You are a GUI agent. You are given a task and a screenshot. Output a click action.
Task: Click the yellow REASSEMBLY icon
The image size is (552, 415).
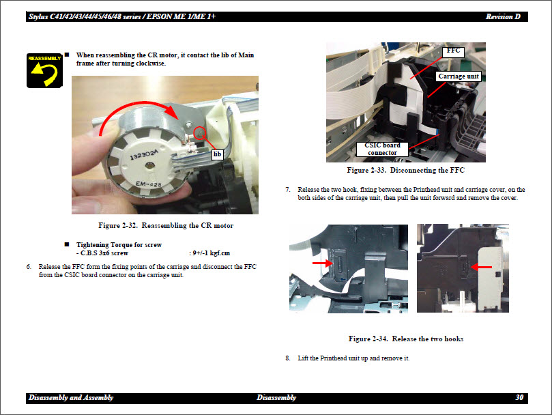point(44,70)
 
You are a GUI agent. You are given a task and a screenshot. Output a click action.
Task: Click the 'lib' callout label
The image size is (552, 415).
point(218,154)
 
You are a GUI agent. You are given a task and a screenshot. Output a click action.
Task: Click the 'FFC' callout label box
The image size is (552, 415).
point(453,51)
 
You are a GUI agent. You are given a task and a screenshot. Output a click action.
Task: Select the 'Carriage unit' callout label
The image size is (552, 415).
point(459,76)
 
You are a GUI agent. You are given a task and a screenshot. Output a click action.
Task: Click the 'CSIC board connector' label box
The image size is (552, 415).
point(382,149)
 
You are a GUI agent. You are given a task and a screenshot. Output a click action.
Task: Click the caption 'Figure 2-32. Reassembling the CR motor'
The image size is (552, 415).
point(166,225)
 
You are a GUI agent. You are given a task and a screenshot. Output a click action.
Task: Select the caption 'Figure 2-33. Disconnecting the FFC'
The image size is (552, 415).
point(405,170)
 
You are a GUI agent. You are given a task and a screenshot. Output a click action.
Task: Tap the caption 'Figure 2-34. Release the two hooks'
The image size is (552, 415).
point(406,339)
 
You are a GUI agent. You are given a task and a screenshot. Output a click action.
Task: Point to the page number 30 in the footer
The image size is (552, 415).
point(519,397)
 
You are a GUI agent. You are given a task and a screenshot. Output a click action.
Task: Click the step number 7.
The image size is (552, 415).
point(288,189)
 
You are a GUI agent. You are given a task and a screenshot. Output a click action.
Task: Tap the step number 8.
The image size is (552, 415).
point(288,358)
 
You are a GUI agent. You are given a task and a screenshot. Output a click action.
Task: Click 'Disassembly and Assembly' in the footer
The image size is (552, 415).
point(71,397)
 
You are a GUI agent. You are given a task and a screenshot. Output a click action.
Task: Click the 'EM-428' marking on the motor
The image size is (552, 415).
point(150,184)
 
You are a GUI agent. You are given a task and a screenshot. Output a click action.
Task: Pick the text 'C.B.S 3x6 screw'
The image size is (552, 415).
point(102,253)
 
